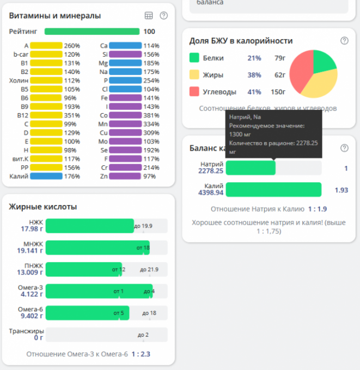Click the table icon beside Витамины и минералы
point(149,16)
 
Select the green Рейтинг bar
point(91,32)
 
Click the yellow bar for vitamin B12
point(46,115)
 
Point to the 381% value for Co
point(151,115)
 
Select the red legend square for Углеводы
point(194,91)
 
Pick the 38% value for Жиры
point(254,75)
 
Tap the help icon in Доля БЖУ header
point(344,41)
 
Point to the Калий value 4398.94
point(211,193)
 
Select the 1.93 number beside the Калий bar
point(341,190)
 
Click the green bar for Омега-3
point(98,291)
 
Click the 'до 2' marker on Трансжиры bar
point(143,335)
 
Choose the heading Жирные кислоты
point(42,207)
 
